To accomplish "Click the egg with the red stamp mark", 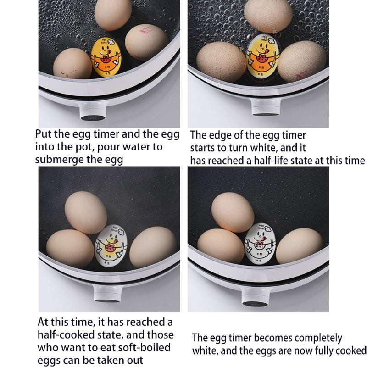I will point(146,43).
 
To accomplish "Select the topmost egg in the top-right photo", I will point(268,15).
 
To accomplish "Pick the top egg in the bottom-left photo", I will point(85,211).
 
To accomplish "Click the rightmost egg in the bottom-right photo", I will point(300,245).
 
